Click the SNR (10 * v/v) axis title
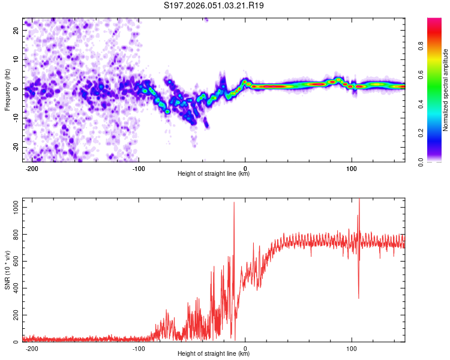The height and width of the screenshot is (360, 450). click(7, 271)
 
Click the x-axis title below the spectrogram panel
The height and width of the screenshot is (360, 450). click(214, 175)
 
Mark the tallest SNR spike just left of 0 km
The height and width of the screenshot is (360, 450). click(234, 203)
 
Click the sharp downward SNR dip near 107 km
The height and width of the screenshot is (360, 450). click(359, 298)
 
